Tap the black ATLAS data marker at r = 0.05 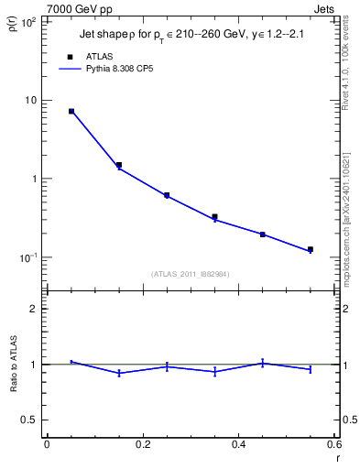tap(71, 111)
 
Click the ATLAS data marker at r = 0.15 tap(119, 165)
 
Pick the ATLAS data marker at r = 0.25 tap(167, 195)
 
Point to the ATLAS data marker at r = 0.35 tap(214, 217)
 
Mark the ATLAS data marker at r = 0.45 tap(262, 234)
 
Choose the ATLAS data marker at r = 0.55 tap(311, 249)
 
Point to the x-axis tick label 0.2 tap(142, 444)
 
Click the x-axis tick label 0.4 tap(238, 444)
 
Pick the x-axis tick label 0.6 tap(333, 444)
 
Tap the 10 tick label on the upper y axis tap(31, 100)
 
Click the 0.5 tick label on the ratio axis tap(29, 420)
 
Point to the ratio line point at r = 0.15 tap(119, 373)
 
